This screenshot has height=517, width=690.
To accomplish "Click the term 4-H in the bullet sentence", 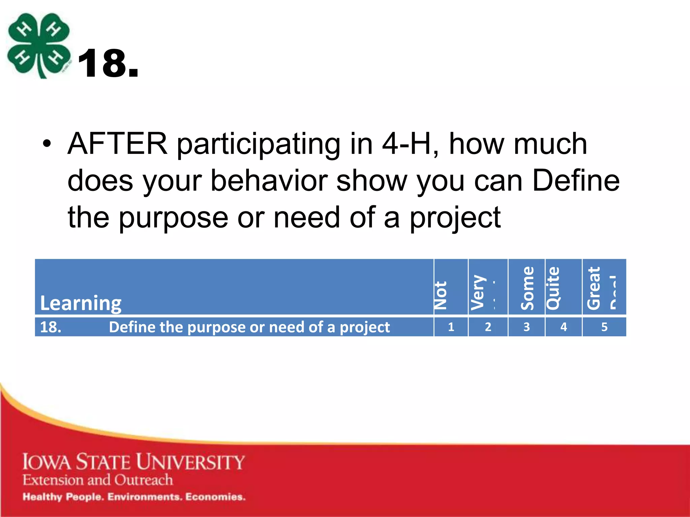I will click(x=406, y=144).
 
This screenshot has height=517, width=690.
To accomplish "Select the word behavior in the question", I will click(x=269, y=181).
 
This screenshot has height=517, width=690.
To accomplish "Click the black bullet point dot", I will click(x=47, y=145).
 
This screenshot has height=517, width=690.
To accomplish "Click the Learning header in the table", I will click(x=81, y=303).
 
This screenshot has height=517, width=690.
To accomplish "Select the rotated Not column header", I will click(x=441, y=295).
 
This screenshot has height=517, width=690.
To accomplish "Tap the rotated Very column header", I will click(x=478, y=292).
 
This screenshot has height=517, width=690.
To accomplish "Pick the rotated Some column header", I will click(x=527, y=288).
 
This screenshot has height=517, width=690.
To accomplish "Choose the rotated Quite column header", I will click(x=553, y=288).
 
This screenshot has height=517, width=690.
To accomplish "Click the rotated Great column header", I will click(x=594, y=288).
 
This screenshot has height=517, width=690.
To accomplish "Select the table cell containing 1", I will click(x=451, y=327).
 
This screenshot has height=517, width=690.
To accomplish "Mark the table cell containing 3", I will click(x=526, y=327).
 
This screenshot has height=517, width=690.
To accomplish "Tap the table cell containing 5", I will click(x=604, y=327).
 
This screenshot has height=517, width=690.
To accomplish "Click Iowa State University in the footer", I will click(x=133, y=462).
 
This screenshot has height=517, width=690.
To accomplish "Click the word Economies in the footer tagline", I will click(x=215, y=497).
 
